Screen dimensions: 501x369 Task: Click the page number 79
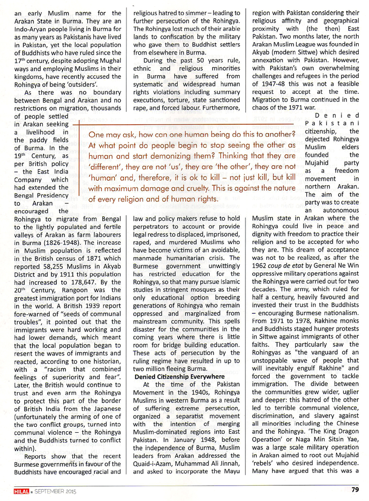355,489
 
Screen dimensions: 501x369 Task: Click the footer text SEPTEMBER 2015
55,490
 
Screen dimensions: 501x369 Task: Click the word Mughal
109,59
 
